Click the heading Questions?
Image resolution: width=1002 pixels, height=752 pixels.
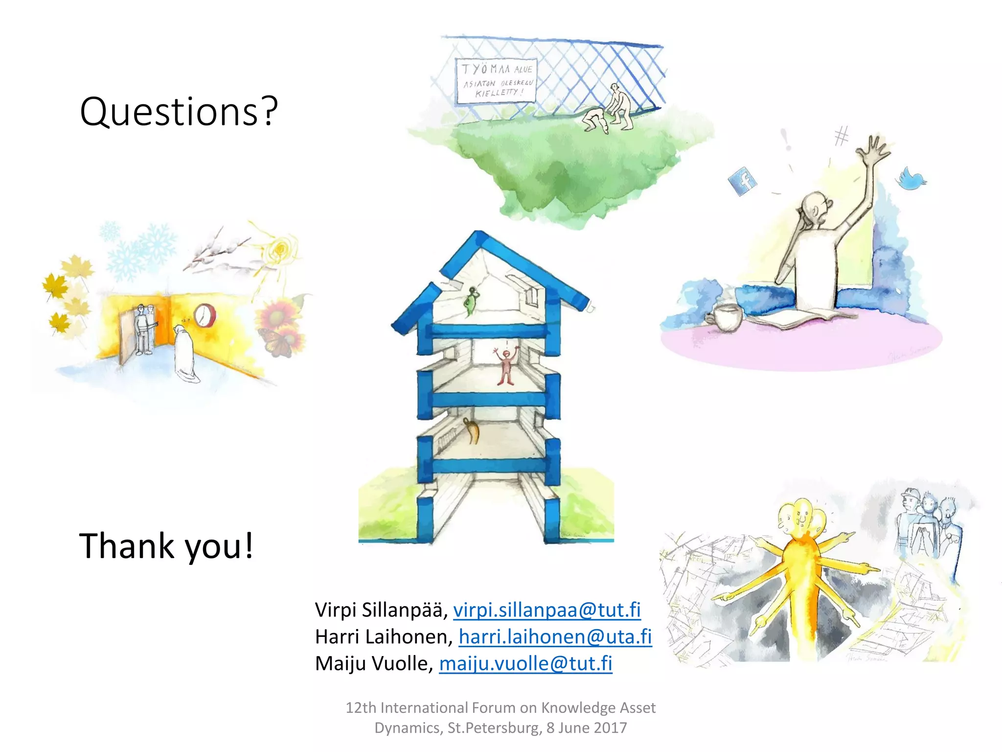(179, 112)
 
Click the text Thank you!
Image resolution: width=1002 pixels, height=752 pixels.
(166, 545)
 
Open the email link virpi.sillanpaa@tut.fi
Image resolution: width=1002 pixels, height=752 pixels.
(547, 610)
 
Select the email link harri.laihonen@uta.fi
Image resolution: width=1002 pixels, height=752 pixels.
(555, 636)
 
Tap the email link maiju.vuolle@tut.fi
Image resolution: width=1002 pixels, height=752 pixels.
(525, 663)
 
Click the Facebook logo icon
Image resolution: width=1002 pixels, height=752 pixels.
(742, 181)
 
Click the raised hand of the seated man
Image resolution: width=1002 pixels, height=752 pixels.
(874, 150)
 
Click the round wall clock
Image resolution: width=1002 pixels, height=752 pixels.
(204, 315)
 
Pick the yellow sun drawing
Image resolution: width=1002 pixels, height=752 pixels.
(280, 249)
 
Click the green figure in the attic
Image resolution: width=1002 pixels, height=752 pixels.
(471, 301)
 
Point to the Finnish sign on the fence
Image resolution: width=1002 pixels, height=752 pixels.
(496, 81)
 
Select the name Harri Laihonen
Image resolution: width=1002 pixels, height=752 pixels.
(384, 636)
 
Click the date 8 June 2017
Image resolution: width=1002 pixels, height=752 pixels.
(587, 728)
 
